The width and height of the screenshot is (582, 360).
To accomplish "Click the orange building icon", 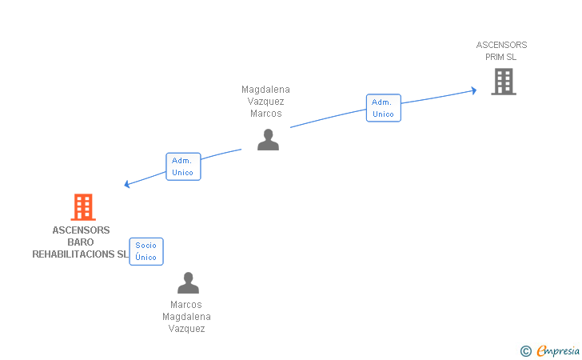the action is pyautogui.click(x=83, y=207).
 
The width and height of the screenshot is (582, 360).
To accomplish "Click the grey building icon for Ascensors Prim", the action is pyautogui.click(x=504, y=82).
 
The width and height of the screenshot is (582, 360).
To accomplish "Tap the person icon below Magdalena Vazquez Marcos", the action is pyautogui.click(x=268, y=140).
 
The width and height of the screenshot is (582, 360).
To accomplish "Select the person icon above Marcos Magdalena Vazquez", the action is pyautogui.click(x=188, y=282).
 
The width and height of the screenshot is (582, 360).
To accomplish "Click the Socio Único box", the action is pyautogui.click(x=146, y=251).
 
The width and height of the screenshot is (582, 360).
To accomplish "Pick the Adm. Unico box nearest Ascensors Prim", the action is pyautogui.click(x=384, y=108).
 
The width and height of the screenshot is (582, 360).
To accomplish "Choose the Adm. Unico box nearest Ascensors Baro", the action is pyautogui.click(x=183, y=166).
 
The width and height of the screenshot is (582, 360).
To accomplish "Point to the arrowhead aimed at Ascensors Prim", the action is pyautogui.click(x=474, y=90).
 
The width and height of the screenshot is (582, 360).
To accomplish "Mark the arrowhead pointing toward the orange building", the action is pyautogui.click(x=126, y=184).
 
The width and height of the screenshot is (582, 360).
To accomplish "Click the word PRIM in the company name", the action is pyautogui.click(x=494, y=57).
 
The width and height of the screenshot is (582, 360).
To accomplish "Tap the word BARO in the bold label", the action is pyautogui.click(x=81, y=242).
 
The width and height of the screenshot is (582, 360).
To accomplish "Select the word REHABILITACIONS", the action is pyautogui.click(x=74, y=254).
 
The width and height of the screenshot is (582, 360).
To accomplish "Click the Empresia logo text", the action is pyautogui.click(x=558, y=350).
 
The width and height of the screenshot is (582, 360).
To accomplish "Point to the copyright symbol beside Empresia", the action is pyautogui.click(x=526, y=351).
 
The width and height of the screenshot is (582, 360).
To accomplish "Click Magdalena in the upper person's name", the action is pyautogui.click(x=265, y=90).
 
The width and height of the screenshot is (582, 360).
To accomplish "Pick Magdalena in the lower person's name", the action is pyautogui.click(x=187, y=317).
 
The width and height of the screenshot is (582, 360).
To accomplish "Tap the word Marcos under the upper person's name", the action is pyautogui.click(x=266, y=114).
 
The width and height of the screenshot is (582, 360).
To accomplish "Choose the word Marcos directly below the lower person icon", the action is pyautogui.click(x=186, y=305).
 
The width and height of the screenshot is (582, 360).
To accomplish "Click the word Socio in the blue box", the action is pyautogui.click(x=145, y=246).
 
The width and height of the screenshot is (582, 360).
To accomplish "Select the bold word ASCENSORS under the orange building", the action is pyautogui.click(x=81, y=230).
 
